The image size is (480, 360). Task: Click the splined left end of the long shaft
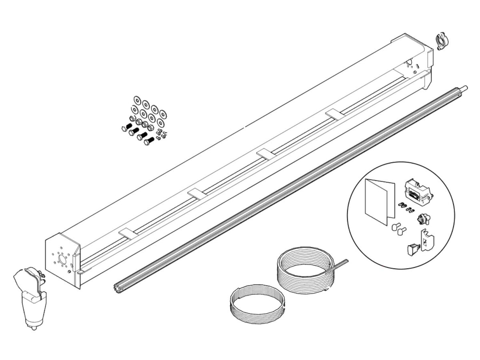[x=117, y=286]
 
